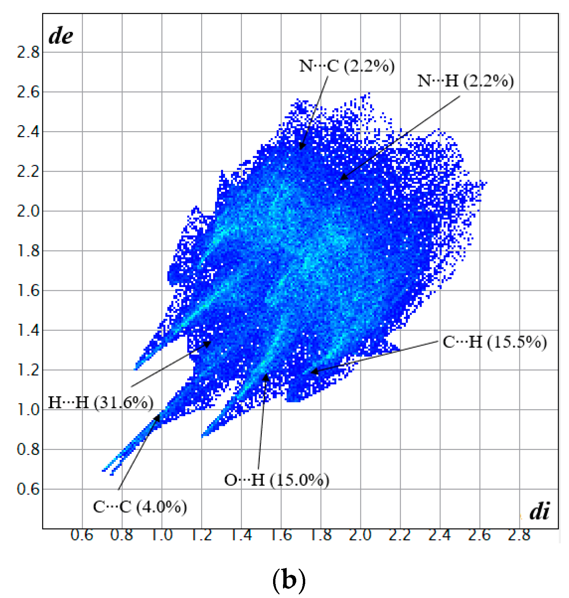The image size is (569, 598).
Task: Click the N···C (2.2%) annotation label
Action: tap(347, 66)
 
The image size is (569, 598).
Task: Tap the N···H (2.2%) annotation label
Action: tap(465, 81)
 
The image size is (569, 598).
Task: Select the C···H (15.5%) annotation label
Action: tap(494, 342)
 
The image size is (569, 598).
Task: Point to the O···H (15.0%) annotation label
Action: tap(277, 480)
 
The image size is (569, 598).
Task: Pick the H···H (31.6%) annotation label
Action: tap(101, 403)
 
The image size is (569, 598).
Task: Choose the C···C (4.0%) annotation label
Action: tap(140, 507)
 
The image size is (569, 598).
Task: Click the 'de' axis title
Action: tap(61, 36)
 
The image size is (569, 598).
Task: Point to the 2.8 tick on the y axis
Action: tap(28, 52)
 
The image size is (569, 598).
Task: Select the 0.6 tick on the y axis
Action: tap(28, 489)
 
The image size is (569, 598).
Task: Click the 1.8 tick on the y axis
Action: tap(28, 251)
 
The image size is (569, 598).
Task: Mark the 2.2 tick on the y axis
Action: tap(28, 172)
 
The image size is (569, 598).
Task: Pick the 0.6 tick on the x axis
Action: tap(82, 535)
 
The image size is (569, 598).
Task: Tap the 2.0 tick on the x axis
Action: tap(360, 535)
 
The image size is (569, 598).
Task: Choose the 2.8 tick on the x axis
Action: tap(519, 535)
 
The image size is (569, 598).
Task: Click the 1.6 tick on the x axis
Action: tap(281, 535)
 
